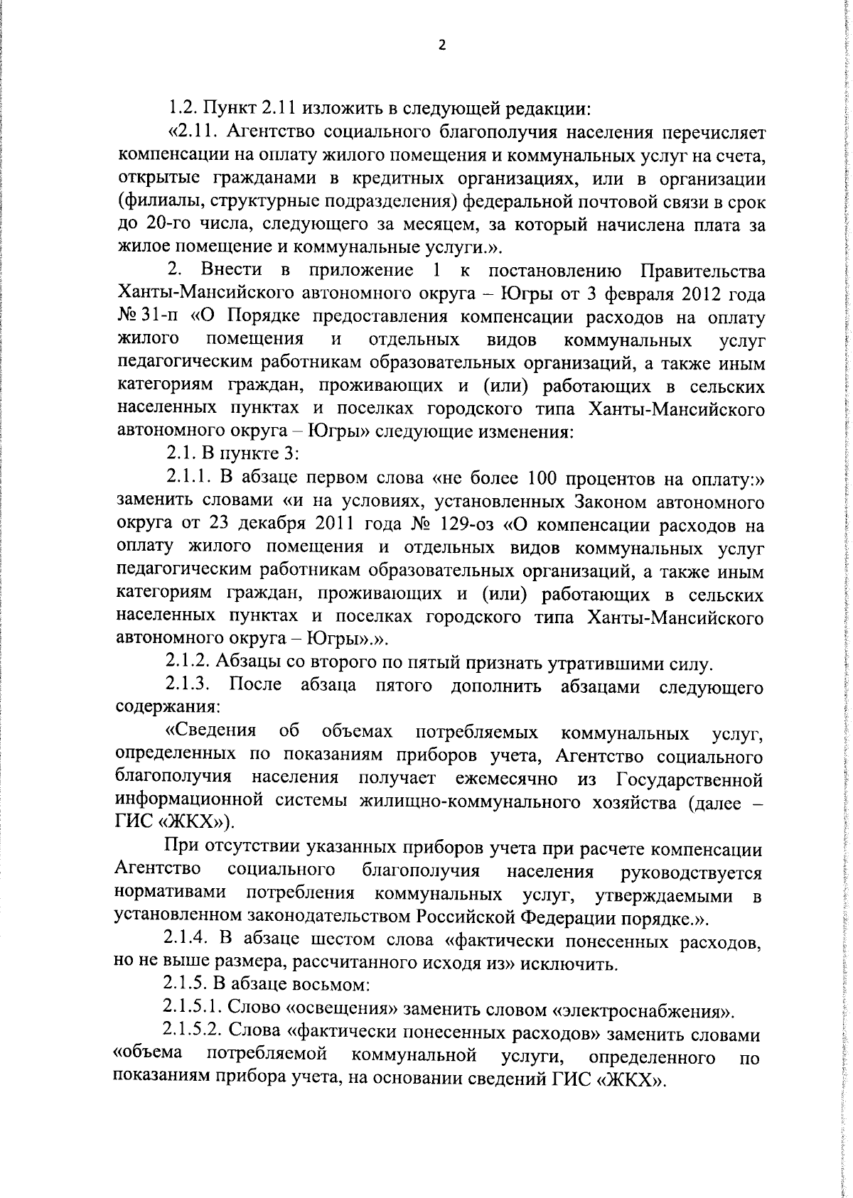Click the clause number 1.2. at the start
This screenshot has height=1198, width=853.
[183, 109]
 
